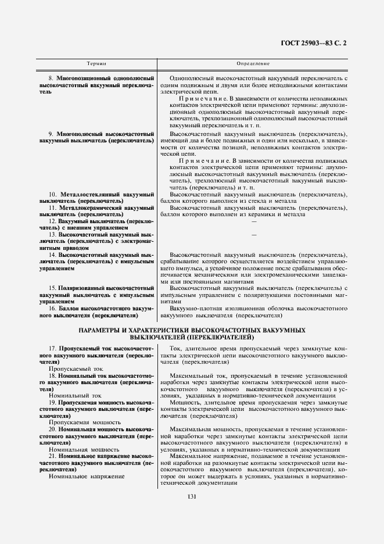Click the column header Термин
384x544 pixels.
96,63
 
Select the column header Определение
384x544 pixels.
253,63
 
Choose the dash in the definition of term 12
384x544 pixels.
253,221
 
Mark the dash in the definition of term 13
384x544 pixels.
253,234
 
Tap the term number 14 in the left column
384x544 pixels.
52,255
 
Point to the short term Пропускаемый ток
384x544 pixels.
76,385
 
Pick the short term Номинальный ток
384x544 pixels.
76,411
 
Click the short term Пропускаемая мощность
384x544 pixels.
85,439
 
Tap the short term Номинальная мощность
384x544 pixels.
84,466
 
